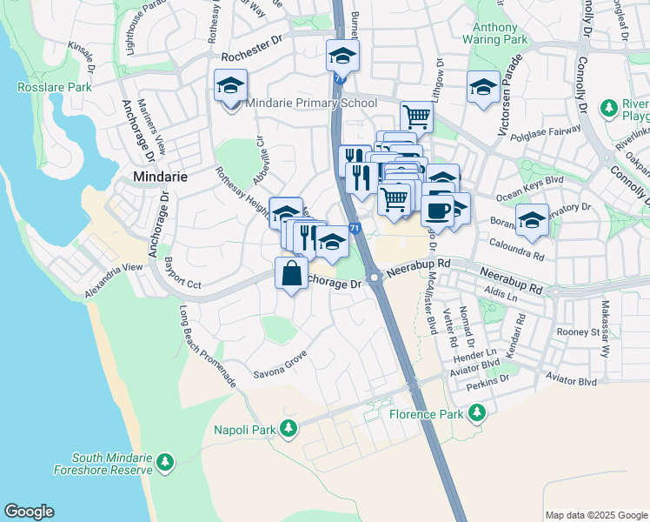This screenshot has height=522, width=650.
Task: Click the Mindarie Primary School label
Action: tap(310, 103)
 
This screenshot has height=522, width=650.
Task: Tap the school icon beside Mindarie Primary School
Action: tap(231, 88)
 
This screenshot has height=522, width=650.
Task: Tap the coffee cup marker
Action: tap(437, 209)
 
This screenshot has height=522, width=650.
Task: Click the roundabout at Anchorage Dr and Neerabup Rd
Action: tap(375, 278)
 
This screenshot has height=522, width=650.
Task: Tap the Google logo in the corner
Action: tap(29, 512)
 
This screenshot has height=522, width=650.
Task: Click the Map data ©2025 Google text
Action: tap(596, 515)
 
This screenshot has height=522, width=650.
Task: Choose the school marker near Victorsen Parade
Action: tap(482, 87)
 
